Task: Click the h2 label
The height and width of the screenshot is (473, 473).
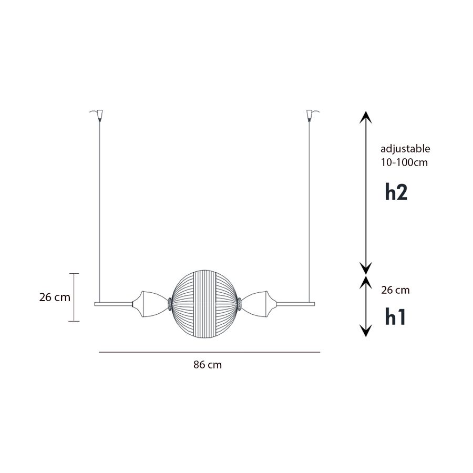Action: pyautogui.click(x=396, y=192)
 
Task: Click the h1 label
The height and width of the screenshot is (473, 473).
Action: pyautogui.click(x=395, y=317)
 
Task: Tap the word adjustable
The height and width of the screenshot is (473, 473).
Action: pyautogui.click(x=405, y=149)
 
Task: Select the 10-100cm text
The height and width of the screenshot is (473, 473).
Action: pyautogui.click(x=404, y=162)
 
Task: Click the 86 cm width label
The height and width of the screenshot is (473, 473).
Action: pyautogui.click(x=208, y=365)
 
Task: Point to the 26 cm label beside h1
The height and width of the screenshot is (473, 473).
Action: pyautogui.click(x=395, y=290)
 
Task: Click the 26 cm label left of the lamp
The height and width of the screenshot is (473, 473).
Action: pyautogui.click(x=55, y=297)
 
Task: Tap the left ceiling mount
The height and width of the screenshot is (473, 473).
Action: pyautogui.click(x=98, y=115)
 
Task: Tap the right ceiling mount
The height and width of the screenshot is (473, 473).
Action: pyautogui.click(x=311, y=115)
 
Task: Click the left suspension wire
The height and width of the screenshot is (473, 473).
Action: pyautogui.click(x=99, y=211)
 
